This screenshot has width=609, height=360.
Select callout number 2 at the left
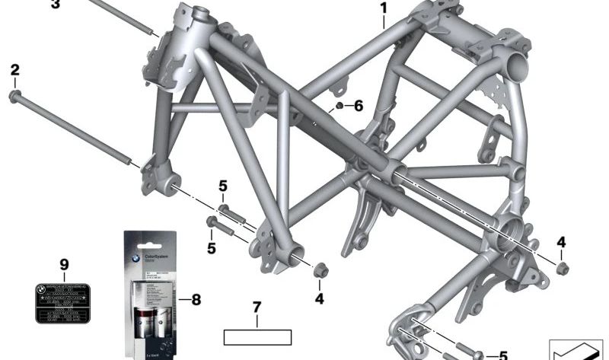pos(14,71)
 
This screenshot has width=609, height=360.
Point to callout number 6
pos(359,105)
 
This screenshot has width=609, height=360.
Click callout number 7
pos(257,307)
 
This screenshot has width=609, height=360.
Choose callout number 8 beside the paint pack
pos(196,300)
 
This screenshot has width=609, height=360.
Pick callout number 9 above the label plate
pos(64,264)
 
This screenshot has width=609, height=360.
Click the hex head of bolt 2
pos(15,96)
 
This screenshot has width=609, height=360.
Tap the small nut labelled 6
pos(339,104)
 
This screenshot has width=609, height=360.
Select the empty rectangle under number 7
pos(257,336)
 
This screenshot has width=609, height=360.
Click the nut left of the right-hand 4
pos(562,268)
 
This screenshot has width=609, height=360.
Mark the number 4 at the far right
pos(561,243)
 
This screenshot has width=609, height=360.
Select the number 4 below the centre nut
pos(319,299)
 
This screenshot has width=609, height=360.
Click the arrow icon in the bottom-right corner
pos(576,349)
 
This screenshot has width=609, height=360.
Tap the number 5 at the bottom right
pos(502,355)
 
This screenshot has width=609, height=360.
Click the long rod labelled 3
pos(122,16)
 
